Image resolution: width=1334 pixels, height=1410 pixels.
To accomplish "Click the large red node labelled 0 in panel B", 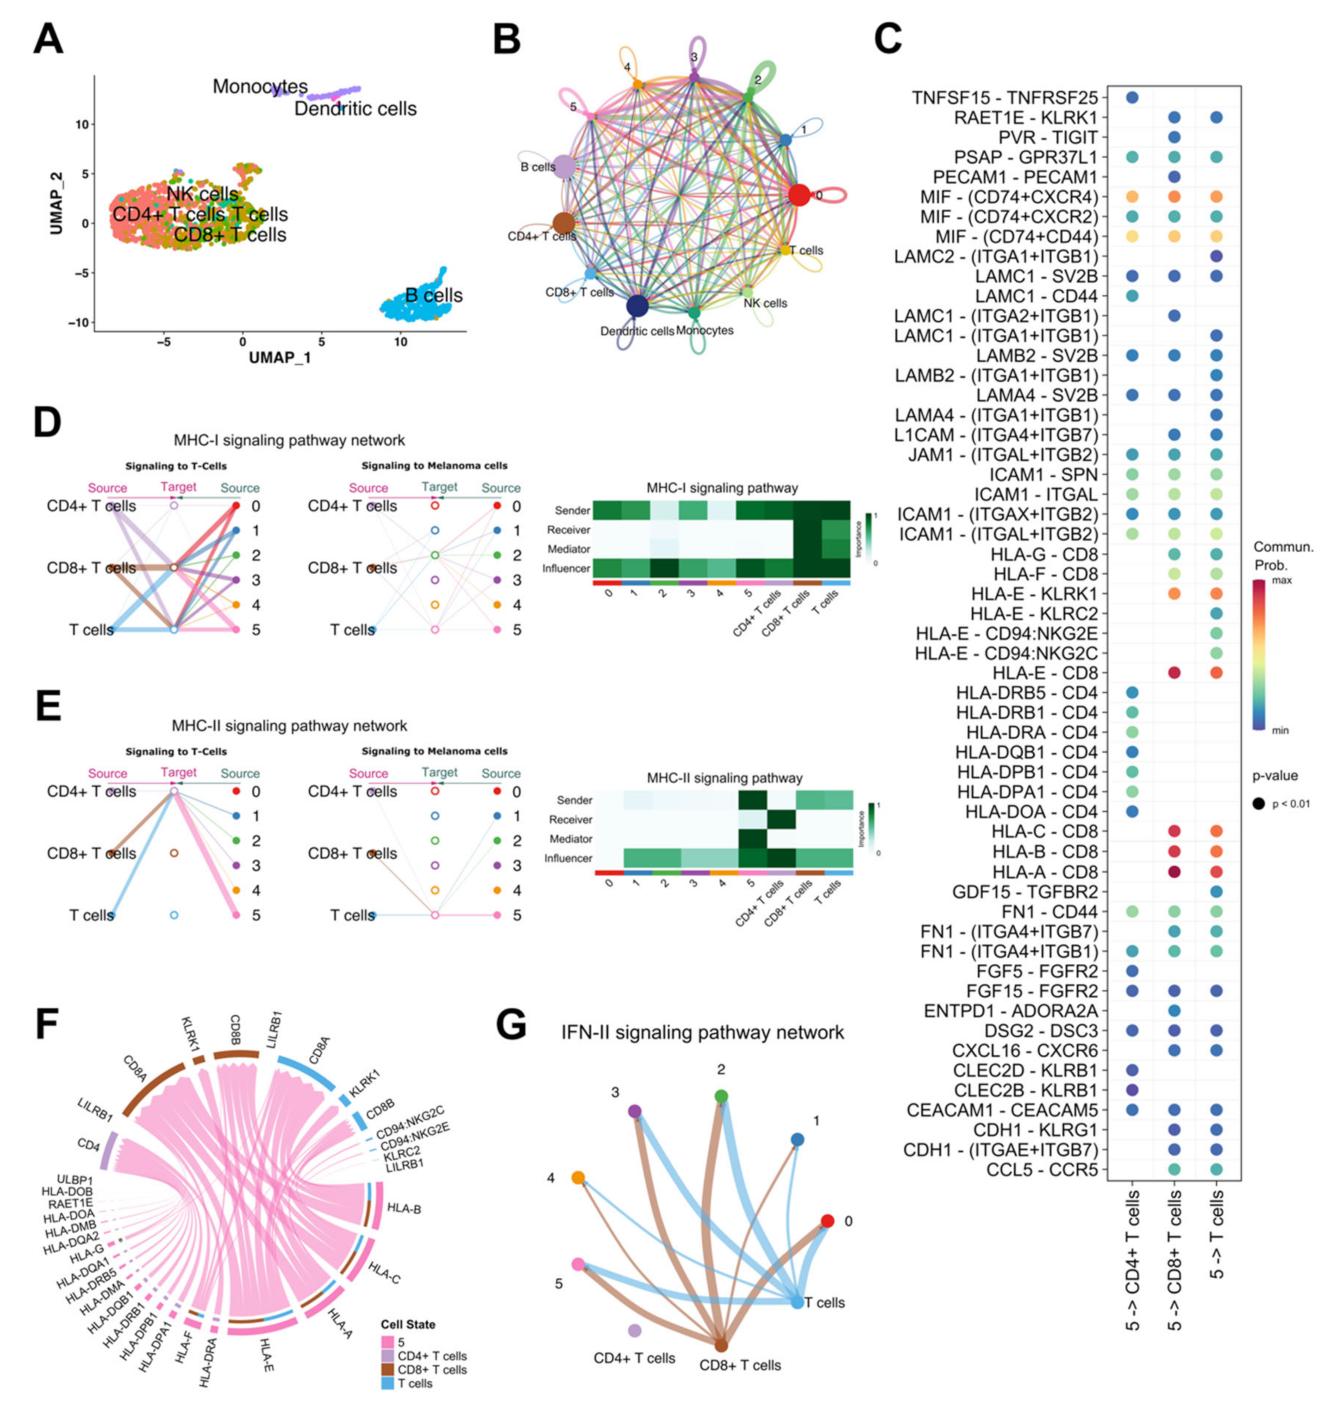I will tap(799, 194).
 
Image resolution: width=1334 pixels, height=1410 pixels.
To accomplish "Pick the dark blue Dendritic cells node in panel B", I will tap(637, 306).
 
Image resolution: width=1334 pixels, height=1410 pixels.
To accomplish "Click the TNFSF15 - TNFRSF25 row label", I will tap(1005, 98).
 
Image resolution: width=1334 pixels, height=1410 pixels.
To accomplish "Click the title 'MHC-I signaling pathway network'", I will tap(289, 441).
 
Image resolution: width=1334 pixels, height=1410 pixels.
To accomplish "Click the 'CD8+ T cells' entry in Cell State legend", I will tap(432, 1369).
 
